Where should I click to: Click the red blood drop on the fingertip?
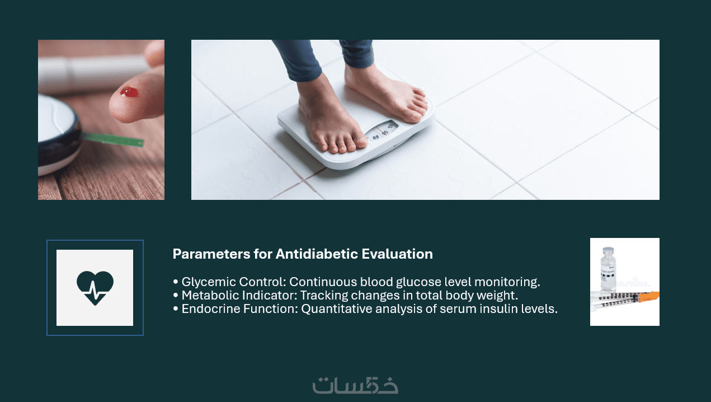pyautogui.click(x=129, y=92)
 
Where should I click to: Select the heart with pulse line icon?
pyautogui.click(x=95, y=288)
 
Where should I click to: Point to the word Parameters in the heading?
pyautogui.click(x=211, y=254)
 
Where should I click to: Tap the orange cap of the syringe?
pyautogui.click(x=649, y=297)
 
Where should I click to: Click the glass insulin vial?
pyautogui.click(x=608, y=269)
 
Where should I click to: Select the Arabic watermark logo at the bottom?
pyautogui.click(x=355, y=385)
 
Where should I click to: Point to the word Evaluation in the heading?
pyautogui.click(x=397, y=254)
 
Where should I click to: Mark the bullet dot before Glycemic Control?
pyautogui.click(x=176, y=282)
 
